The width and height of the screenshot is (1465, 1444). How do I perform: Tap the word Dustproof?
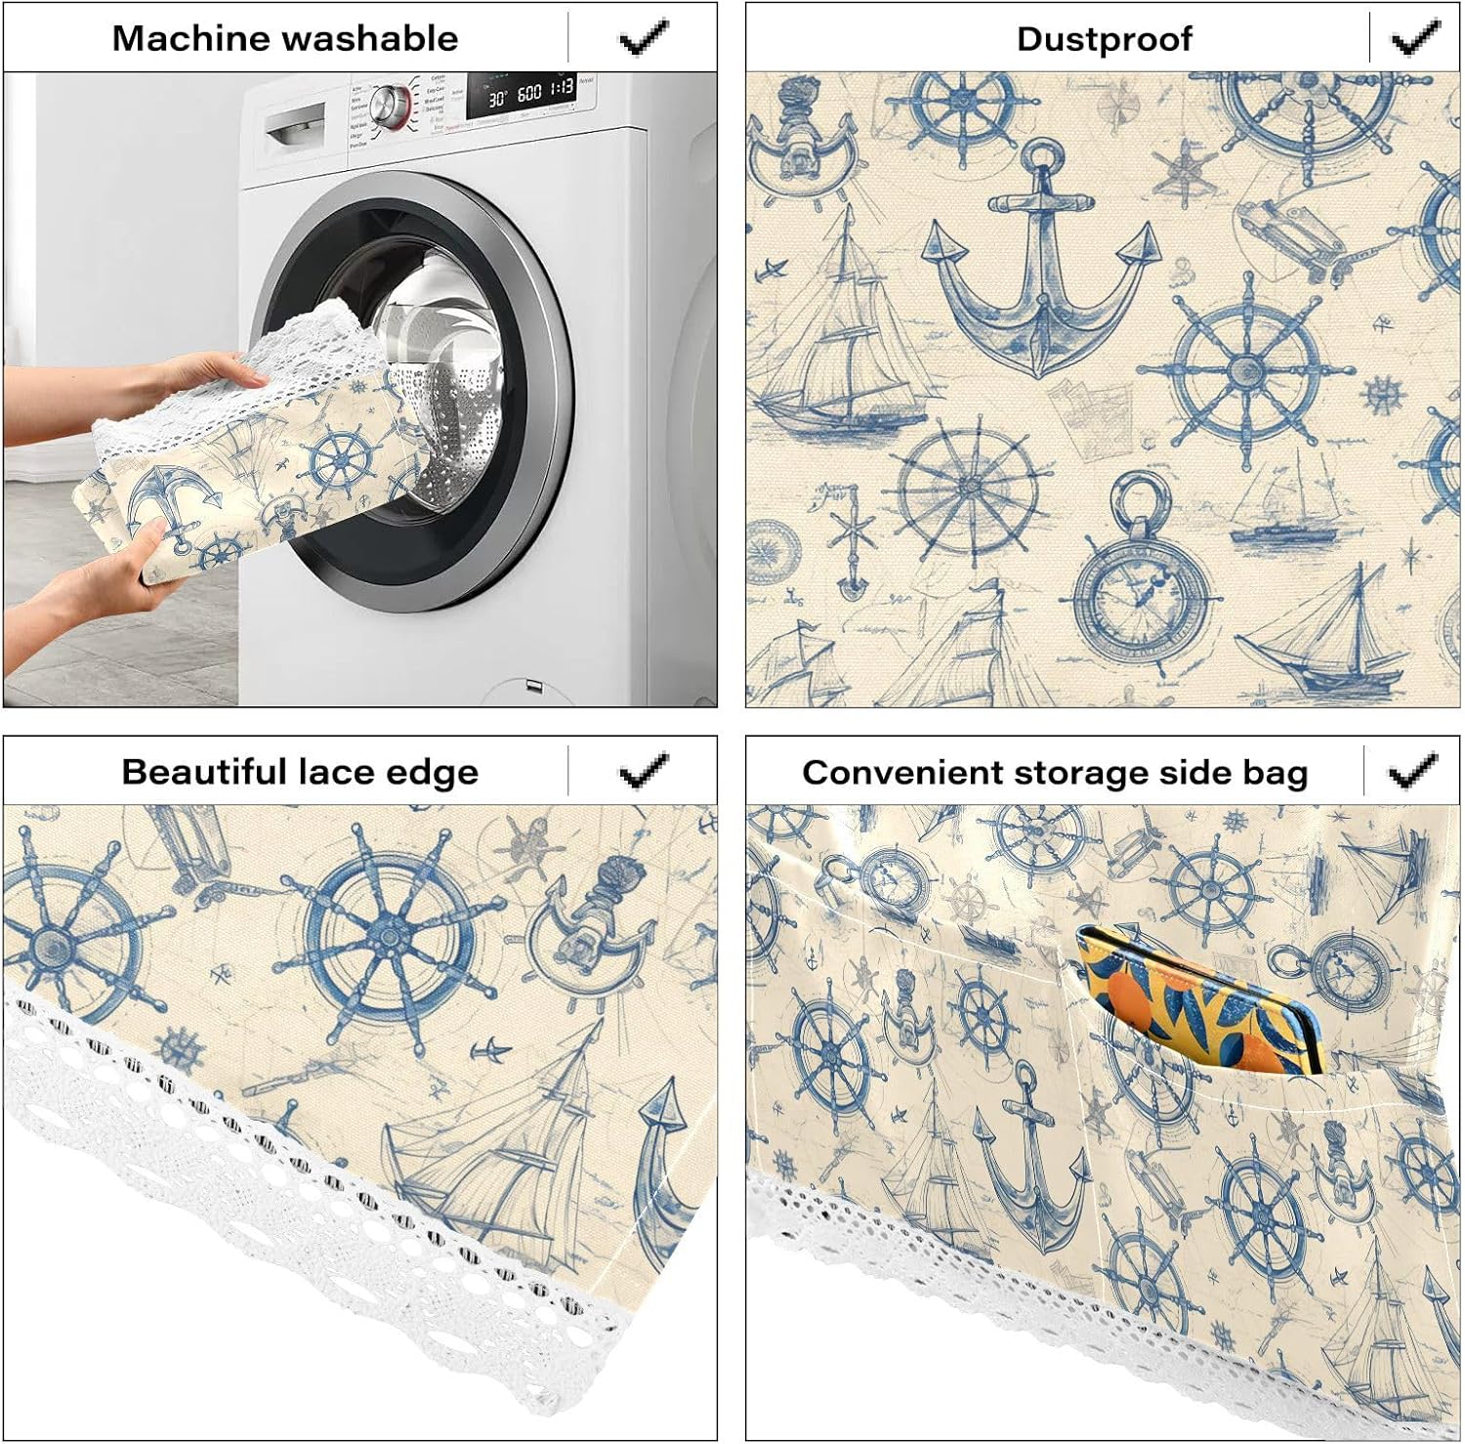[x=1104, y=39]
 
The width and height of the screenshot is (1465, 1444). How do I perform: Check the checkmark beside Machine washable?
[x=644, y=38]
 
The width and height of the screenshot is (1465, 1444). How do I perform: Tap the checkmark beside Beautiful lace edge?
[x=644, y=771]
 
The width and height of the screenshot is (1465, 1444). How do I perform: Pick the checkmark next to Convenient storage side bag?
[x=1412, y=772]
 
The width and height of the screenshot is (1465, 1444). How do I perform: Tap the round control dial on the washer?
[x=391, y=103]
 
